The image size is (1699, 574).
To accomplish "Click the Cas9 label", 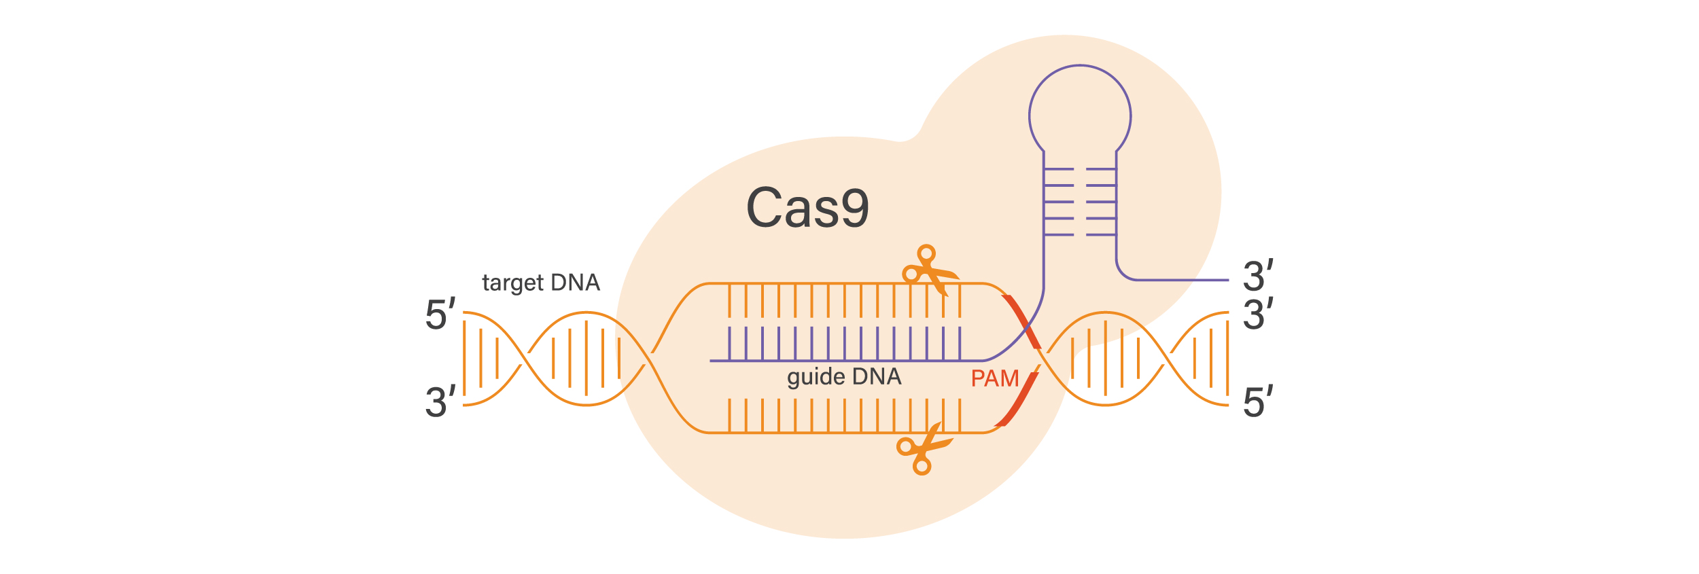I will [x=807, y=207].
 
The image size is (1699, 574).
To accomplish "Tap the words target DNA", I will [x=541, y=283].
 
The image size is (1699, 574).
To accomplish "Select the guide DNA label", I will [x=844, y=377].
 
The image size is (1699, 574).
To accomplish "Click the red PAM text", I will [x=995, y=378].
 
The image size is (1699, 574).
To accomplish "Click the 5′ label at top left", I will [x=440, y=315].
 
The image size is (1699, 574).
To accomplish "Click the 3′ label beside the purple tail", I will [x=1258, y=276].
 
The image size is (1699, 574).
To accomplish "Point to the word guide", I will [x=816, y=377].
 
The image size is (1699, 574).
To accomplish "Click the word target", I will [x=512, y=283].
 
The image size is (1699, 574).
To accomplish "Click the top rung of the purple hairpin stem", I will [x=1080, y=169].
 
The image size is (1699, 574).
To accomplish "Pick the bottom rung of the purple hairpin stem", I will [x=1080, y=235].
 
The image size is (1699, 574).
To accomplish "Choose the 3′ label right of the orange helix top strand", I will [x=1258, y=315].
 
